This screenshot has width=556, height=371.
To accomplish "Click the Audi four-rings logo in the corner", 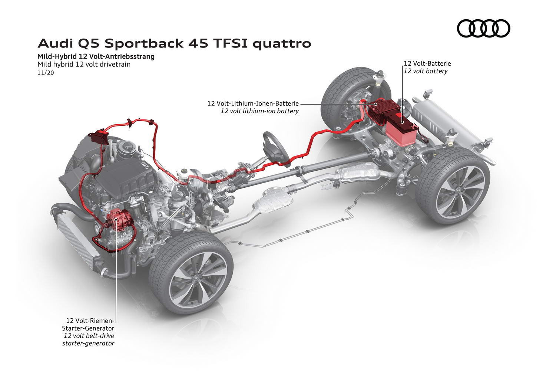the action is coord(483,28).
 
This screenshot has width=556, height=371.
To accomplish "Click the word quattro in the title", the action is coord(282,44).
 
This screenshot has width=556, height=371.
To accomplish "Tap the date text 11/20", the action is coord(46,73).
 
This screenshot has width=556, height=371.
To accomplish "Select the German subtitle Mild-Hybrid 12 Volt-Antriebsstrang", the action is coord(96,57).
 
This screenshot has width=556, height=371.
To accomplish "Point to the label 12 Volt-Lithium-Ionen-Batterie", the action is coord(253,104).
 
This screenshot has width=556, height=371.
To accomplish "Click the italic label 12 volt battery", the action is coord(426,71).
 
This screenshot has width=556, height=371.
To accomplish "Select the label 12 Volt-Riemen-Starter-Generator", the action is coord(88,324).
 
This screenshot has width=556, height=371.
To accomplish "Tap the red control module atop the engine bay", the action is coord(99,137).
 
